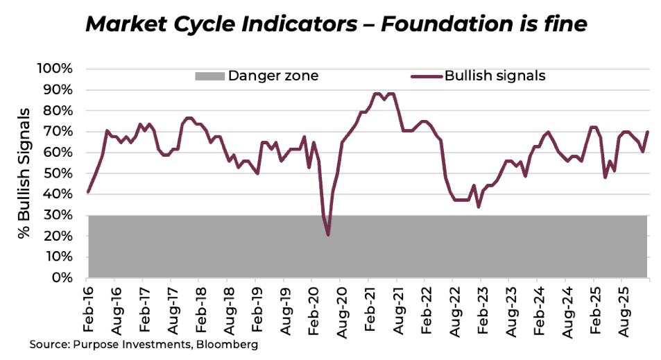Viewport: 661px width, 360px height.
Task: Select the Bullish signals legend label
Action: [495, 76]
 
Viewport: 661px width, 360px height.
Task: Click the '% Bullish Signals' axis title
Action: [25, 173]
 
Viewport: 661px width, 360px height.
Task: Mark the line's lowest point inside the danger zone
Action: [327, 234]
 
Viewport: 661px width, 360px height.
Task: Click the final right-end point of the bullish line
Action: [648, 132]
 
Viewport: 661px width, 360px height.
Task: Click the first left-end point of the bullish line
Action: [88, 192]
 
